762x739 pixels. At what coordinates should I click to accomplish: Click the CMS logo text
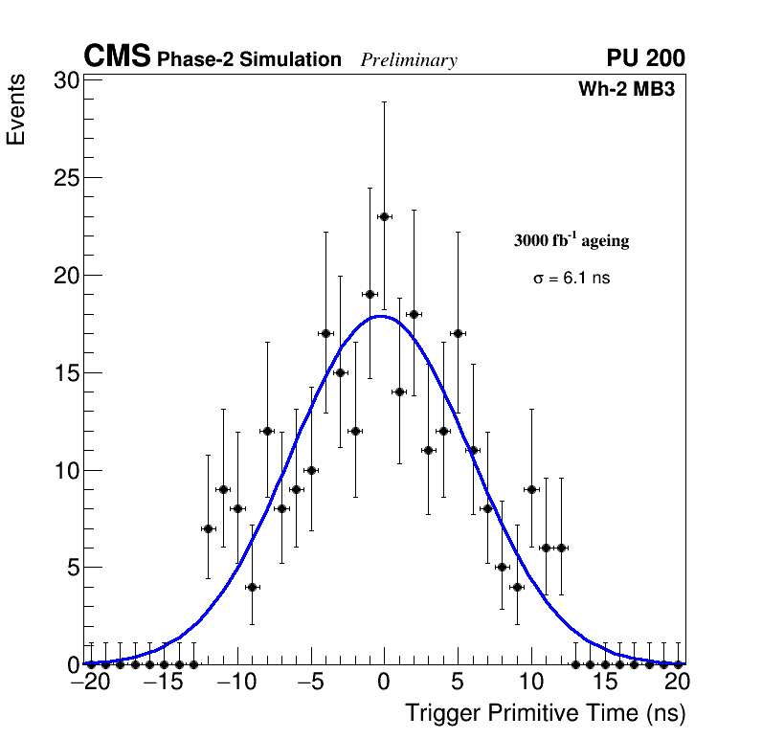117,57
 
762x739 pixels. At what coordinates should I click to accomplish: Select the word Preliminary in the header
409,60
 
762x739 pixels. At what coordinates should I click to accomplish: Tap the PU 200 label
645,58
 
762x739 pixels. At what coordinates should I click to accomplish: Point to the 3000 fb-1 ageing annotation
571,240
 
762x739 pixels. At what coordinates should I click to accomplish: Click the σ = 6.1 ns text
571,279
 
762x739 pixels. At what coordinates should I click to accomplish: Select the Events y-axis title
16,112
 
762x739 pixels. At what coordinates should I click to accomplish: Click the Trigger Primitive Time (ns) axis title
545,713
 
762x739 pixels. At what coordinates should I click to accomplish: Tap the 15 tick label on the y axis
65,372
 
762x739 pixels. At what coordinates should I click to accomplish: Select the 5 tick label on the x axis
458,683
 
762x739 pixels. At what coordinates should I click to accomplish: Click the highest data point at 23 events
384,216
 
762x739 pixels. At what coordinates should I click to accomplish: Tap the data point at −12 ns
208,528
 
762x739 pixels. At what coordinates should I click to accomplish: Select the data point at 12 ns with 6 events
561,548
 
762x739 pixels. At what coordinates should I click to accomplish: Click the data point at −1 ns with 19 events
370,294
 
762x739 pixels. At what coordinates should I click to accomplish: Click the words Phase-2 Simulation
249,60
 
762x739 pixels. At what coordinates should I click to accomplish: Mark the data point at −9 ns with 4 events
252,587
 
